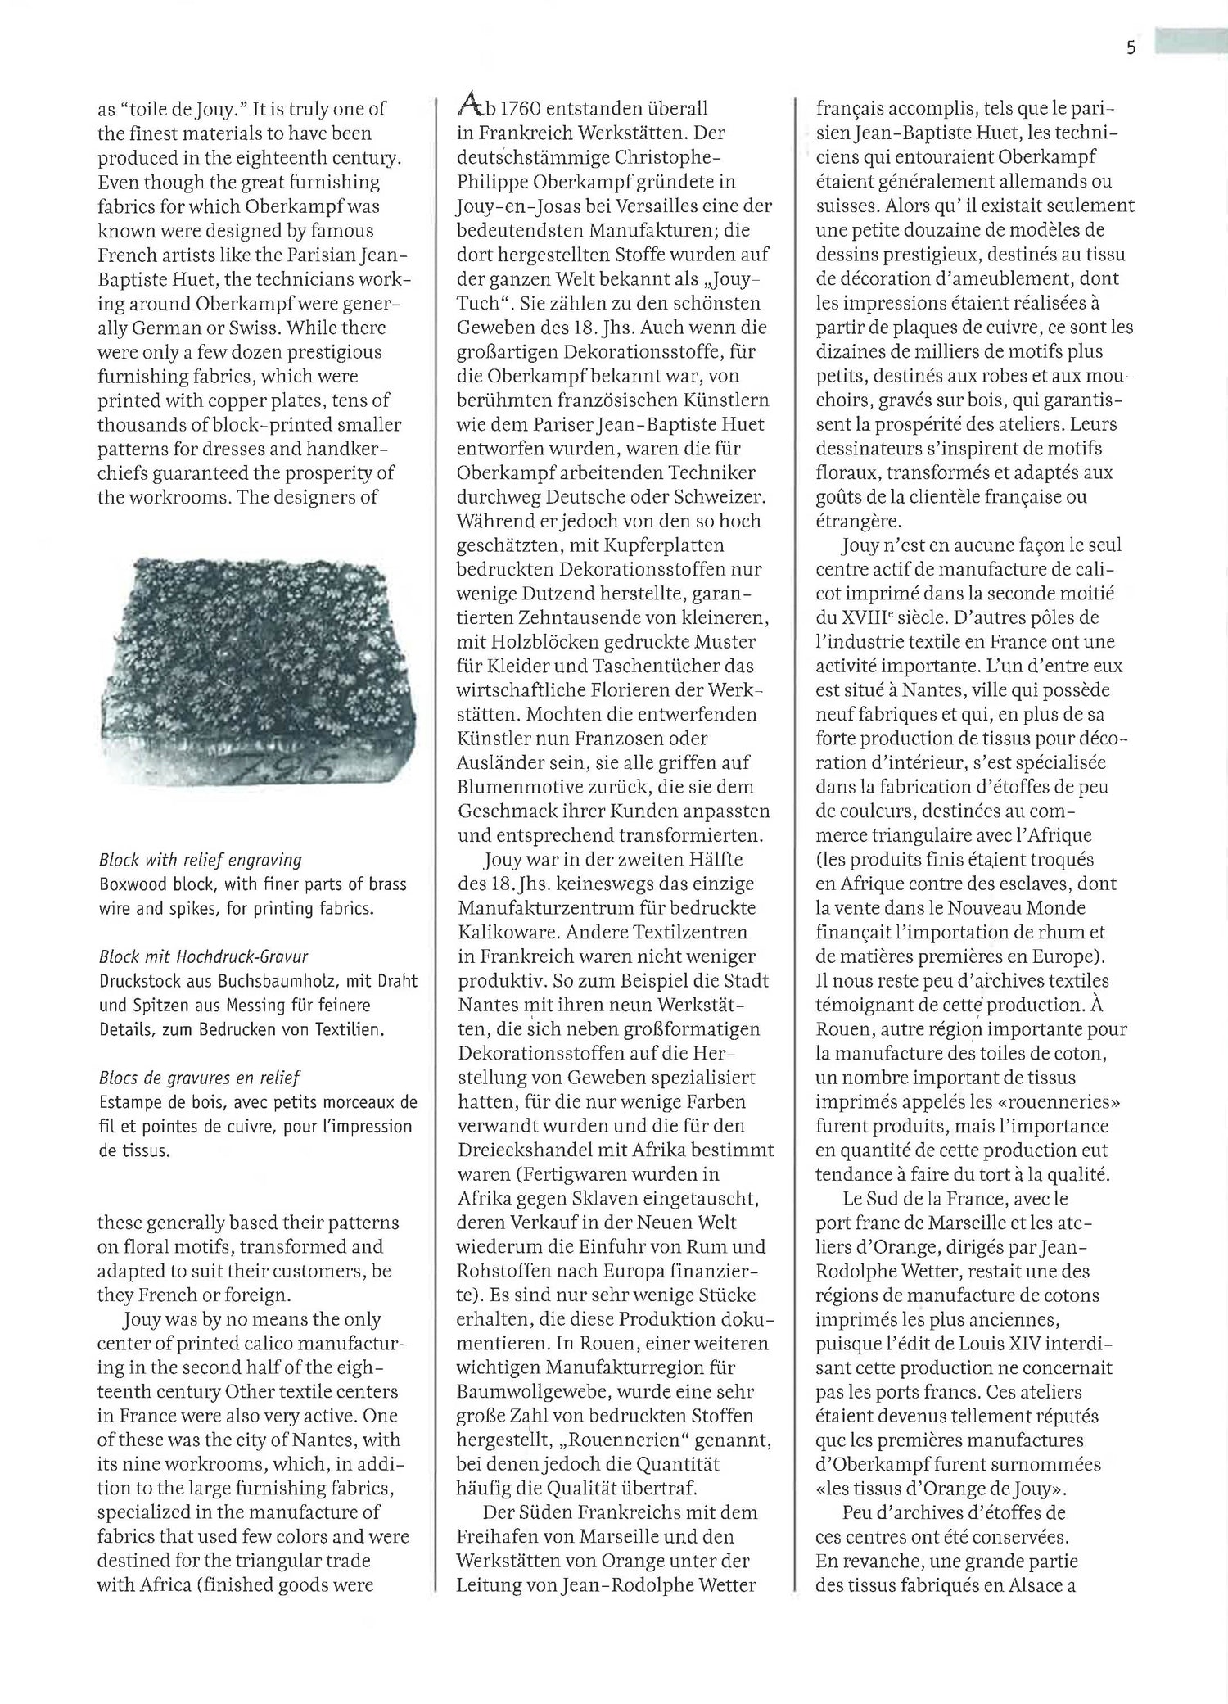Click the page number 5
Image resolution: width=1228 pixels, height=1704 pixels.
(1131, 47)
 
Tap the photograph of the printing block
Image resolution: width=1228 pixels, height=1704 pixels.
(257, 671)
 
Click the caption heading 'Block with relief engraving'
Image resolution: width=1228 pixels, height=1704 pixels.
(201, 860)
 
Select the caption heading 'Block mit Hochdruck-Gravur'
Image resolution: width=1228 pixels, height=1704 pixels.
(203, 956)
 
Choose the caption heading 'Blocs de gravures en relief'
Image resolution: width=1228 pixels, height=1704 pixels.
(200, 1078)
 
